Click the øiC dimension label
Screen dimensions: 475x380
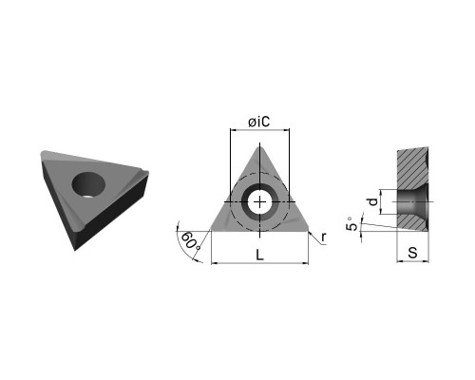[x=259, y=122]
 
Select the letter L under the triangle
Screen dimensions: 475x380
[x=259, y=255]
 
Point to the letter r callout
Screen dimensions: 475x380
[x=323, y=237]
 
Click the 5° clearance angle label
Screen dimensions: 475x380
[x=352, y=224]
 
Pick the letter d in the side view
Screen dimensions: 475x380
[x=373, y=201]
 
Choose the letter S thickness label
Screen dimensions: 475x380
[x=412, y=253]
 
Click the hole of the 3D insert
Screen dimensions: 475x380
[x=88, y=184]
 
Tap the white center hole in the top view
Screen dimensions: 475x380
[x=259, y=202]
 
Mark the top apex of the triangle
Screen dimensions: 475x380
[x=259, y=145]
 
